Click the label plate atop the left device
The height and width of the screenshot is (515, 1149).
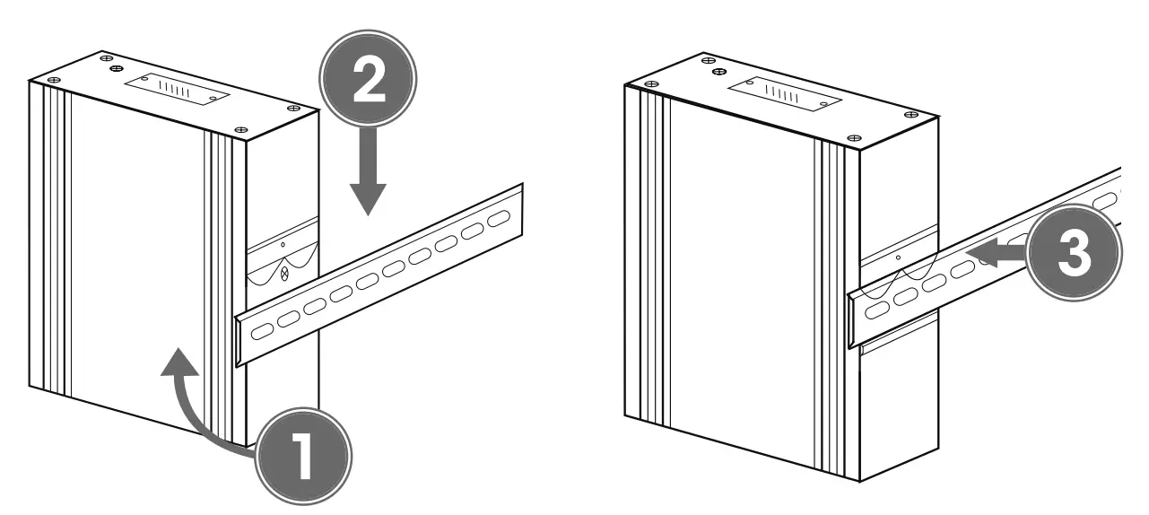(175, 91)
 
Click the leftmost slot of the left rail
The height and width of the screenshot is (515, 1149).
(261, 331)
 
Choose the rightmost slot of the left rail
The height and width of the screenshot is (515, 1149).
(498, 218)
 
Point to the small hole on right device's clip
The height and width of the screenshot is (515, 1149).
(899, 257)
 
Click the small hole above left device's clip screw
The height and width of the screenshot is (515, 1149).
(283, 244)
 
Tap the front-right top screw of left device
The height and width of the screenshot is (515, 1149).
(240, 131)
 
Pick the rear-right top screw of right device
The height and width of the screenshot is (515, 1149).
(911, 115)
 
